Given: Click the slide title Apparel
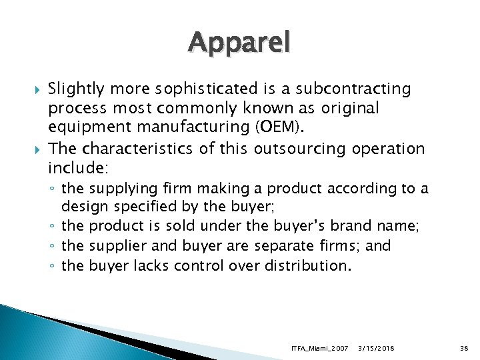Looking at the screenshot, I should point(239,43).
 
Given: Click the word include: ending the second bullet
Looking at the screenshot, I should point(75,166).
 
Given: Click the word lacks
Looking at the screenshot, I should point(151,266).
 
